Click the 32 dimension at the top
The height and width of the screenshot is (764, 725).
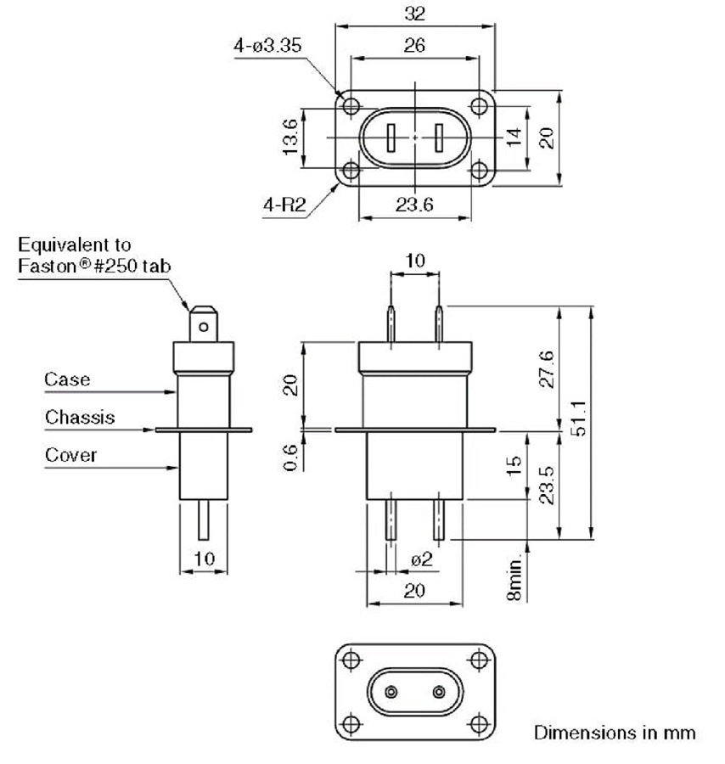pos(415,14)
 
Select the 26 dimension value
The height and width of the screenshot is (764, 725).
pos(415,46)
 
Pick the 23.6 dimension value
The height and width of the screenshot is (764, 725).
pos(414,204)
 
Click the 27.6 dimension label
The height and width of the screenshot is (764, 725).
pos(548,368)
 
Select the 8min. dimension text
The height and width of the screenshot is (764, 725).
pos(515,581)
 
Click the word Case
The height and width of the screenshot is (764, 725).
pos(67,379)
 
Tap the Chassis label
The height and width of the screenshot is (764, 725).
pos(80,417)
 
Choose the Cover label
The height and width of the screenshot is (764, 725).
pos(70,455)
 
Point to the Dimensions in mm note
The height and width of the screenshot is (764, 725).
pos(615,732)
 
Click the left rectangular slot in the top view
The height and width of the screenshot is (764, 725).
pos(391,137)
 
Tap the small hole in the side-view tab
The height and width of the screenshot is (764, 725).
pos(203,323)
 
